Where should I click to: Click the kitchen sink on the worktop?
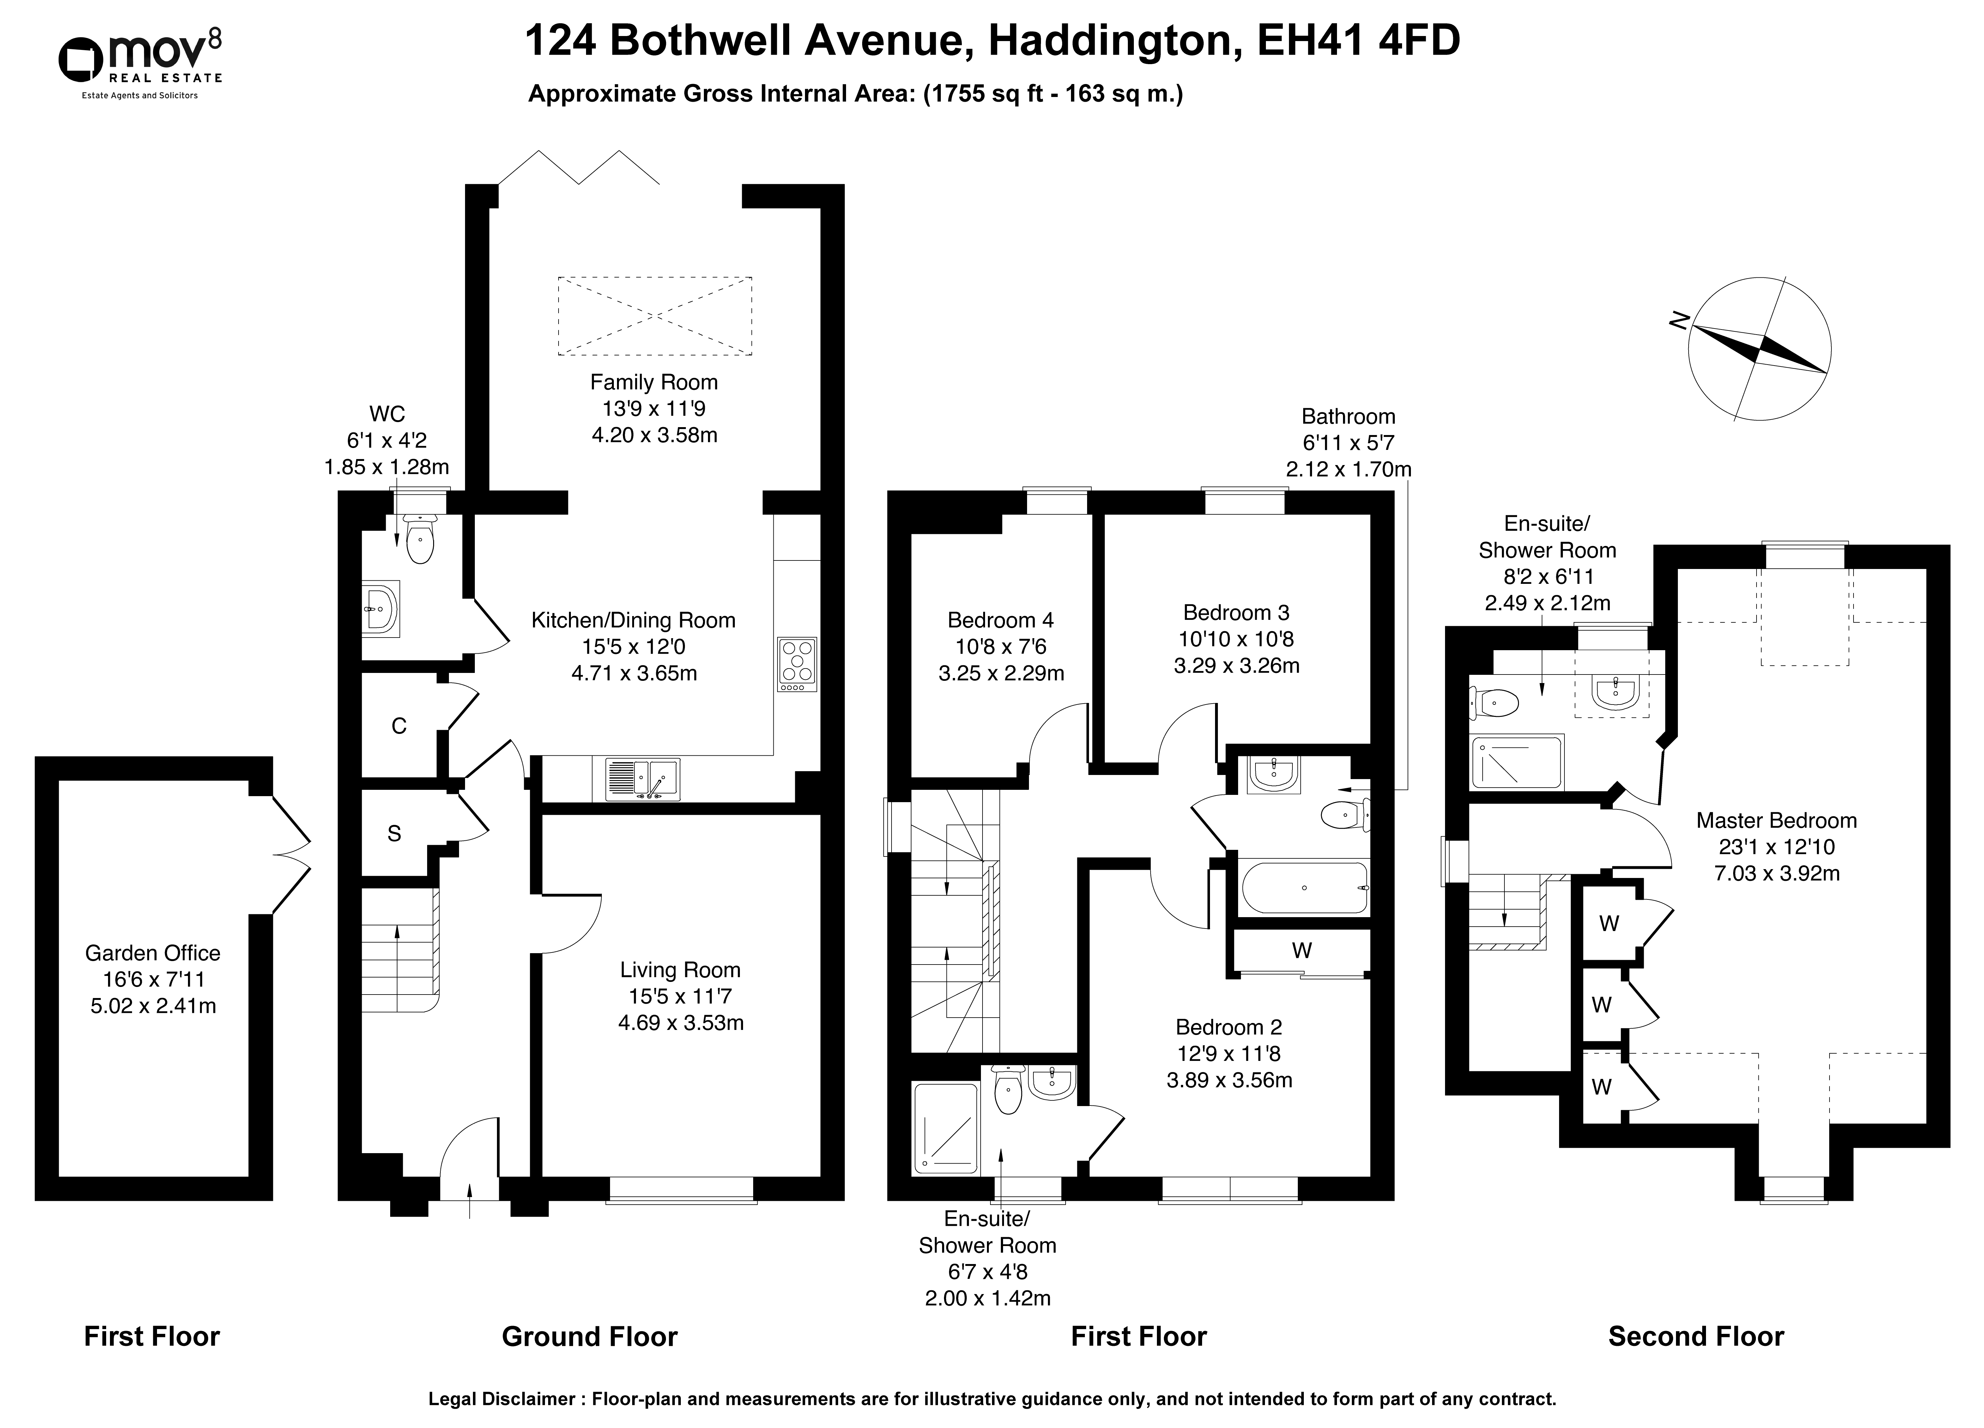tap(642, 779)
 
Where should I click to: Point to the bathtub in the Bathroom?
tap(1304, 888)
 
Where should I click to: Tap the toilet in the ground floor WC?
tap(420, 538)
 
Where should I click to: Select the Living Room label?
tap(680, 996)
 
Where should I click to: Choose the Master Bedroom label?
tap(1776, 846)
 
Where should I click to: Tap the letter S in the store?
tap(395, 834)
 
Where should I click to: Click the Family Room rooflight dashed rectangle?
tap(654, 316)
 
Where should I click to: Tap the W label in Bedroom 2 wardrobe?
tap(1302, 950)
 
